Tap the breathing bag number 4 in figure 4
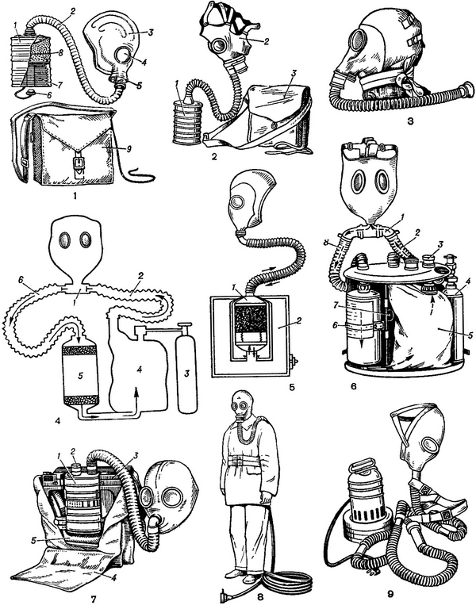(x=138, y=370)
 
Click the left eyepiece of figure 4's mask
(x=64, y=240)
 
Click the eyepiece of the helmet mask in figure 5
(x=236, y=203)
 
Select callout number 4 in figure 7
(x=113, y=578)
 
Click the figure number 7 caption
(x=94, y=599)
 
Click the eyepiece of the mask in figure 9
(x=430, y=444)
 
